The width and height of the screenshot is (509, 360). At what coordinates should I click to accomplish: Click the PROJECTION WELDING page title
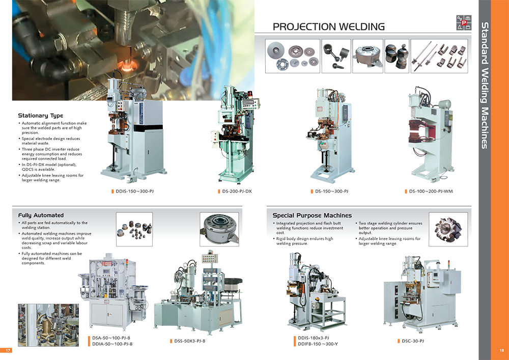[328, 26]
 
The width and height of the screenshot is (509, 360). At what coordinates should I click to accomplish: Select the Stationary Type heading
[41, 116]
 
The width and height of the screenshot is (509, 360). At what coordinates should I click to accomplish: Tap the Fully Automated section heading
[41, 215]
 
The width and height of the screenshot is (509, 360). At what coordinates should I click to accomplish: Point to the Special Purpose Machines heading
[312, 215]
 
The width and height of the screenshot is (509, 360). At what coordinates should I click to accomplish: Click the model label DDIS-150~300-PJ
[134, 191]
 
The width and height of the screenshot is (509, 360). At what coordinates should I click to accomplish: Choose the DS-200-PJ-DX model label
[237, 191]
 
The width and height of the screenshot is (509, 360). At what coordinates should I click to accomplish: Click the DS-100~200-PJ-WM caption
[431, 191]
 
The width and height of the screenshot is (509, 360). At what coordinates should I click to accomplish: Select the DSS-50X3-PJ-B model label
[189, 341]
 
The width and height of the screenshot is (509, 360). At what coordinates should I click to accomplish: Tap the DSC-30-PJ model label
[413, 341]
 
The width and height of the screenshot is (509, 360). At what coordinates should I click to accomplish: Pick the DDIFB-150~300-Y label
[318, 344]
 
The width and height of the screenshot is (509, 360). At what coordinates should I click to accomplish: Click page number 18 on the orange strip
[501, 350]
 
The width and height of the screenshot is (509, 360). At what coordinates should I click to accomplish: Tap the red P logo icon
[464, 23]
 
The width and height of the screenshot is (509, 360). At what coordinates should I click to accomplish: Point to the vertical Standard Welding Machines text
[485, 86]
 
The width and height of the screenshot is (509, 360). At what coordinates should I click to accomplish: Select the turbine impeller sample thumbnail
[448, 229]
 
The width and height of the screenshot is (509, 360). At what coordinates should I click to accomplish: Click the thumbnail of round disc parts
[293, 56]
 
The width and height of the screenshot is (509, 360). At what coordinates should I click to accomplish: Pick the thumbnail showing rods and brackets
[439, 56]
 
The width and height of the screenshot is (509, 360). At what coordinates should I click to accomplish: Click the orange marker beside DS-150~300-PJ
[312, 191]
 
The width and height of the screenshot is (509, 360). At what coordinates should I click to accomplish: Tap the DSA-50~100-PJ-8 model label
[111, 338]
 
